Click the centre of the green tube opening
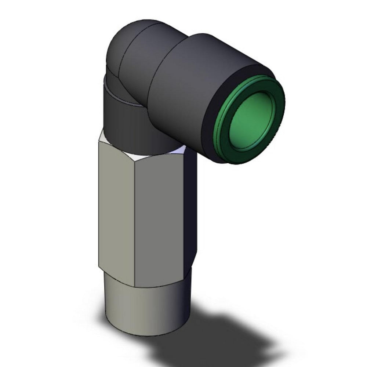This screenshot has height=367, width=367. tap(252, 119)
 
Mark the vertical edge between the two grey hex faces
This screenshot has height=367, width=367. tap(135, 220)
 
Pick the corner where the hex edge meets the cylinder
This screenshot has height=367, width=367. tap(135, 286)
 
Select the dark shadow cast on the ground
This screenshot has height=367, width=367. tap(220, 330)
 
